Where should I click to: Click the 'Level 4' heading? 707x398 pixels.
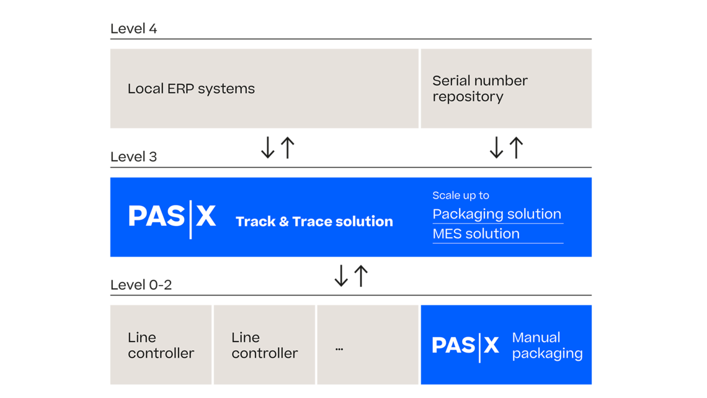point(133,29)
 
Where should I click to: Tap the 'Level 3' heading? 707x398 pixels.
point(133,156)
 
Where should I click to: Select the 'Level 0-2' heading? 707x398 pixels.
point(141,284)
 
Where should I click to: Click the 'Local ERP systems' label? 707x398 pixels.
point(191,89)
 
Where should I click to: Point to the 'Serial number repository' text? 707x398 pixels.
point(479,89)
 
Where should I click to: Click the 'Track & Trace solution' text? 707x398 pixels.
point(314,222)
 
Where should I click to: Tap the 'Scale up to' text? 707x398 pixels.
point(461,196)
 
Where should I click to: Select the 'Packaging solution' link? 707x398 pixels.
point(497,214)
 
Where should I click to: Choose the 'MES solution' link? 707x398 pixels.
point(476,234)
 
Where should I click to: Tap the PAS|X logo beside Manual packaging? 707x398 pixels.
point(465,345)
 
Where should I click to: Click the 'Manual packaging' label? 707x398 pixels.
point(547,345)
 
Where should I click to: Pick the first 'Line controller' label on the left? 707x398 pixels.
point(161,345)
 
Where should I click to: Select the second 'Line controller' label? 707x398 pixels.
point(264,345)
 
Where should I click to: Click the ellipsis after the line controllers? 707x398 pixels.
point(339,349)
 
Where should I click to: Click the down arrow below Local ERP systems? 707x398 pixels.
point(268,148)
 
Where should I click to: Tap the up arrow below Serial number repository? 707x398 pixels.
point(516,148)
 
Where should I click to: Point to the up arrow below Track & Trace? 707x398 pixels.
point(361,276)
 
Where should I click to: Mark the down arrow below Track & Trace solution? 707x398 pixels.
point(341,276)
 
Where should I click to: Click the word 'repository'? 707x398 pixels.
point(468,97)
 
